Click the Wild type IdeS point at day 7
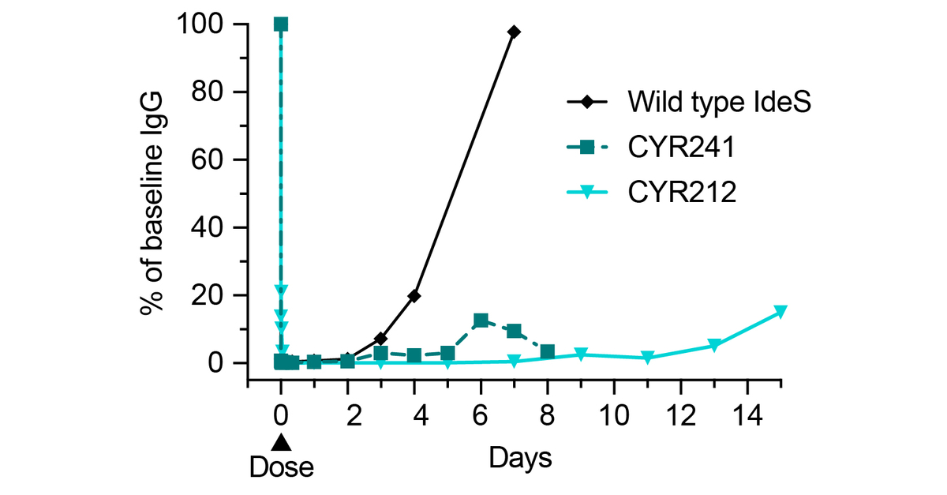[514, 32]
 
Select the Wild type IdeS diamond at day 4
[414, 296]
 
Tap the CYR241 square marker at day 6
[481, 321]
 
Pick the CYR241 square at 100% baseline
[281, 24]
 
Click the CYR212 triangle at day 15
[780, 312]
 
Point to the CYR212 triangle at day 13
[714, 346]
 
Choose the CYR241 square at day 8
[547, 351]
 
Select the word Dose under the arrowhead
[282, 467]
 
